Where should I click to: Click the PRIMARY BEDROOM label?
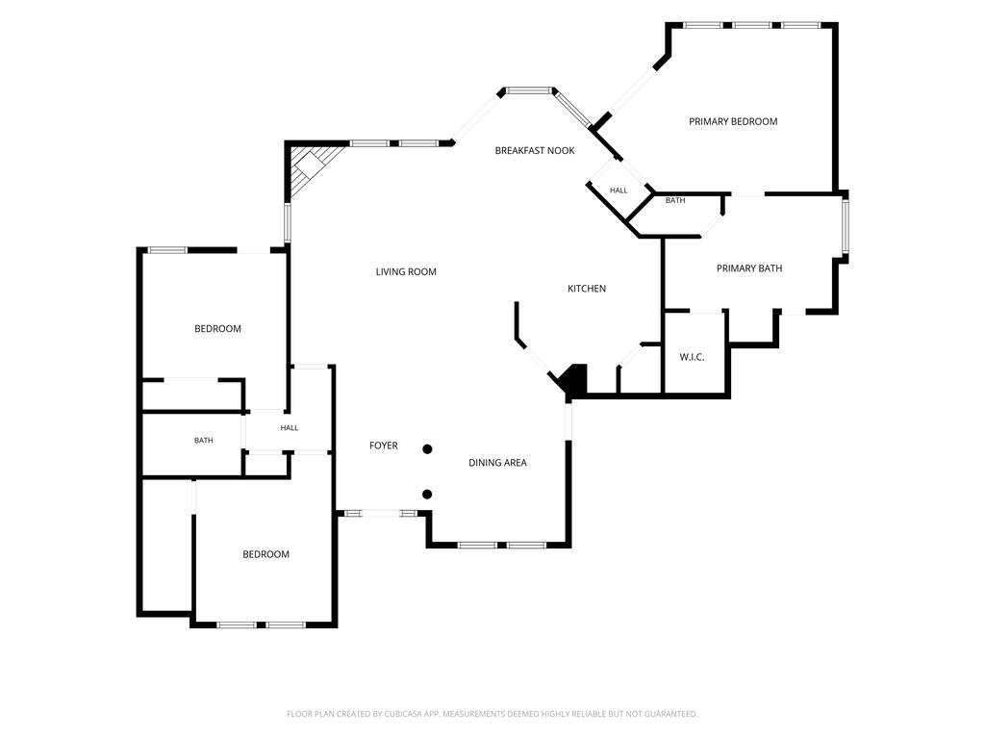pos(733,121)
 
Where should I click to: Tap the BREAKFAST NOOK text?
pos(535,151)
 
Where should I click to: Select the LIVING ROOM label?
pos(406,272)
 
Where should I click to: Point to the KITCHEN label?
pos(587,289)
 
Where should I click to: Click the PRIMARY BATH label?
pos(749,268)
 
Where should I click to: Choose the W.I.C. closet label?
pos(692,357)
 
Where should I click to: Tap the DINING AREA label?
pos(497,463)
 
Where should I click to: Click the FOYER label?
pos(383,446)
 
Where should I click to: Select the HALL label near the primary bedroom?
pos(619,191)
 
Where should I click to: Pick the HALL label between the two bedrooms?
pos(289,428)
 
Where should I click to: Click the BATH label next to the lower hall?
pos(204,441)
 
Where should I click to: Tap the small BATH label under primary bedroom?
pos(675,200)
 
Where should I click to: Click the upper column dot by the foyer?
pos(427,449)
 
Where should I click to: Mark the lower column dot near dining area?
pos(427,495)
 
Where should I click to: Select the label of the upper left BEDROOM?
pos(217,329)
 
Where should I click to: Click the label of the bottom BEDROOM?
pos(265,554)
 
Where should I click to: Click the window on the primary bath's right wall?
pos(845,225)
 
